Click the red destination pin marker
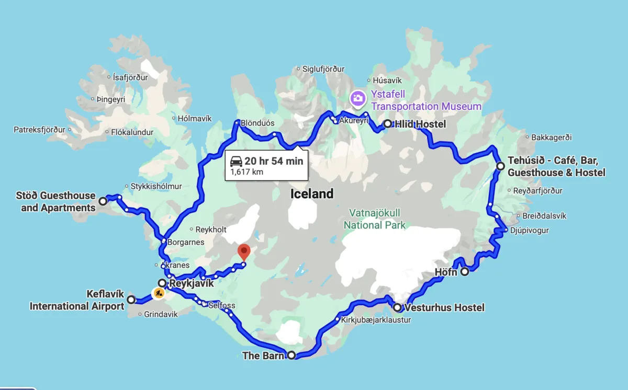pos(244,252)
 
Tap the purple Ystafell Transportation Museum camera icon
pos(358,98)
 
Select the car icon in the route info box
pos(236,161)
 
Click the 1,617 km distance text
pos(246,171)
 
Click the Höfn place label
pos(446,272)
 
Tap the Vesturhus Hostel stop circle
pos(398,307)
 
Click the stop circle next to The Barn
pos(291,355)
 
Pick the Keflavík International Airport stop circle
pos(131,300)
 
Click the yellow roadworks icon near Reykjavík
pos(159,293)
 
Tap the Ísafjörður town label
pos(130,77)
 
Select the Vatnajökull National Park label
pos(375,219)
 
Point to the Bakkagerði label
pos(552,137)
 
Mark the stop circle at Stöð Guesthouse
pos(103,200)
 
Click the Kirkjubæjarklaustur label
pos(376,319)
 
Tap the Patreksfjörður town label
pos(39,129)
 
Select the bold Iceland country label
pos(312,194)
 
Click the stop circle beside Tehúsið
pos(500,166)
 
